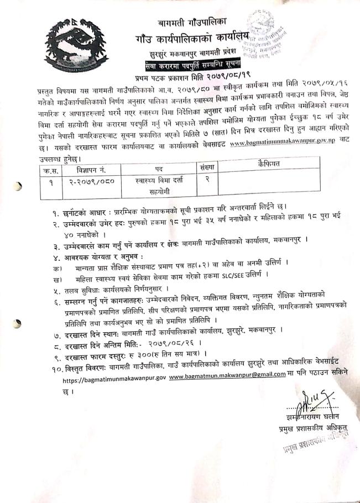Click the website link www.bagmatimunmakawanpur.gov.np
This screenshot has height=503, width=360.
pyautogui.click(x=278, y=143)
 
